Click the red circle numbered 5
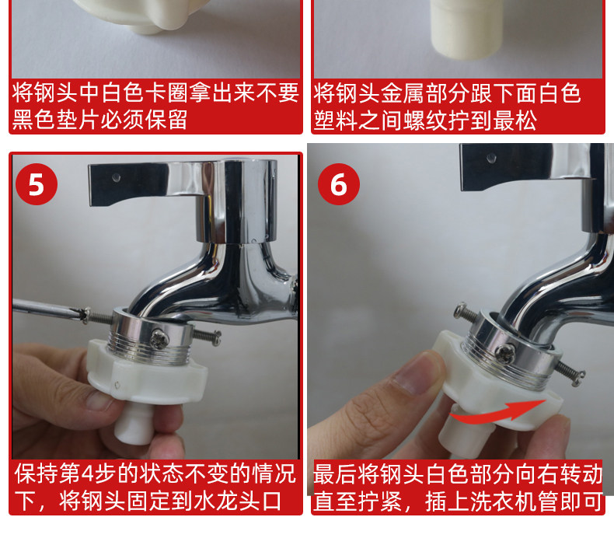pyautogui.click(x=37, y=184)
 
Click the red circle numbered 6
pyautogui.click(x=339, y=184)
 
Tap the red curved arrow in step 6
pyautogui.click(x=497, y=413)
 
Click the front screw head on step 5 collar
pyautogui.click(x=160, y=339)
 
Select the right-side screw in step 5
pyautogui.click(x=208, y=336)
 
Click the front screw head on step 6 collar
pyautogui.click(x=505, y=355)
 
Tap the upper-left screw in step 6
pyautogui.click(x=466, y=312)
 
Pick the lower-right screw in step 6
pyautogui.click(x=570, y=372)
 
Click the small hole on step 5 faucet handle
pyautogui.click(x=116, y=177)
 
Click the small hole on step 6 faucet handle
pyautogui.click(x=491, y=158)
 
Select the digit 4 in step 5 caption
pyautogui.click(x=87, y=473)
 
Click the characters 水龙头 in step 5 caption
pyautogui.click(x=226, y=501)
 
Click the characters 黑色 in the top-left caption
pyautogui.click(x=33, y=120)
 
